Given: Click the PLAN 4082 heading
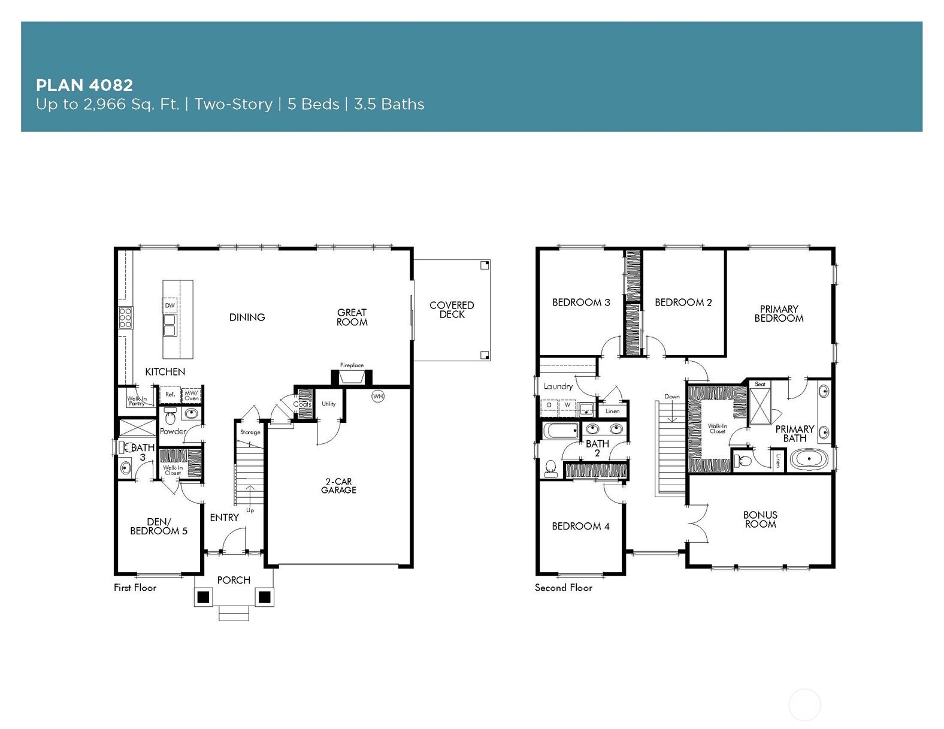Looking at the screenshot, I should click(84, 84).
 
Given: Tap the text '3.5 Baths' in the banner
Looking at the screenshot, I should click(389, 104).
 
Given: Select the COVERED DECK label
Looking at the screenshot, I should click(452, 310).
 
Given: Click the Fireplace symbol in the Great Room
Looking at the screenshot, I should click(352, 377).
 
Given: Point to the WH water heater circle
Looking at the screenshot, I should click(378, 396).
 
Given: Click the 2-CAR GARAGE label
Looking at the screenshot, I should click(338, 485).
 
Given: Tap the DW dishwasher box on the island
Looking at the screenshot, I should click(170, 305).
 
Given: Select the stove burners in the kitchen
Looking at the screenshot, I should click(125, 317).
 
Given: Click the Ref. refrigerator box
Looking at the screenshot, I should click(170, 395).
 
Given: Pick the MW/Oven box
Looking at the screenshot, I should click(192, 395).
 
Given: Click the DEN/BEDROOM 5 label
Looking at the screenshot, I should click(159, 526).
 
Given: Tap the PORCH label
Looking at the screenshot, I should click(234, 580).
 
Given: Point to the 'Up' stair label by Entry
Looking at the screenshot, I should click(250, 510).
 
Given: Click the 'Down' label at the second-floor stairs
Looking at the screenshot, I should click(672, 397).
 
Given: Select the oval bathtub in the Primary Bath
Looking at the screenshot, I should click(809, 460).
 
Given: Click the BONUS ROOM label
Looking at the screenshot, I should click(760, 519).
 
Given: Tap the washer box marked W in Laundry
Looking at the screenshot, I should click(567, 406).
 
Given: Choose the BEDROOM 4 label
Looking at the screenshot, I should click(580, 526).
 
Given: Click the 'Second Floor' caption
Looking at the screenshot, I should click(563, 588).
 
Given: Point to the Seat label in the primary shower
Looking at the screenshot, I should click(760, 384).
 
